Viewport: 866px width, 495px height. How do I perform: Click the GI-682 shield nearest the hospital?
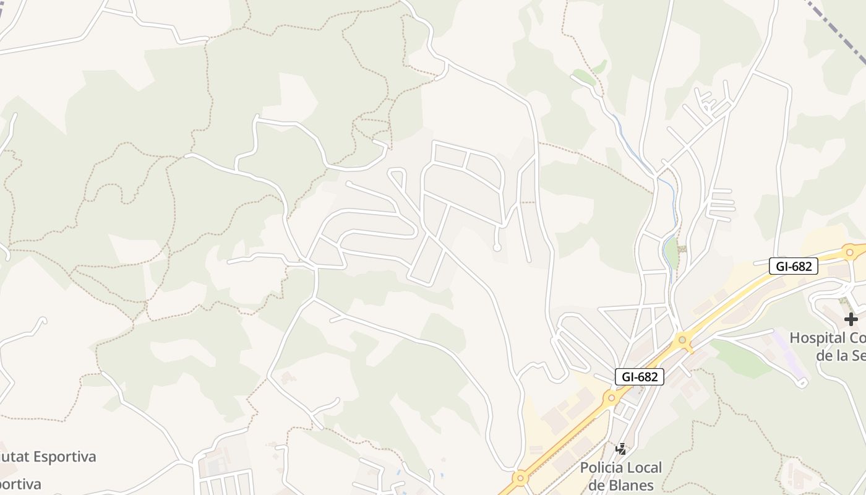pos(794,266)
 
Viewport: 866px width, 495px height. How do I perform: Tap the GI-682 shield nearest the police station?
pos(639,376)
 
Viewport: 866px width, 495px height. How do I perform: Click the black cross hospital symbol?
pos(851,319)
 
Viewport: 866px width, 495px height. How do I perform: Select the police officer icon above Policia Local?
pos(621,449)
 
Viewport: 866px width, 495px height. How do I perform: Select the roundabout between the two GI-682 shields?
pos(682,339)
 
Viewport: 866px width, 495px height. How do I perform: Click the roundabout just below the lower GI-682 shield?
pos(612,397)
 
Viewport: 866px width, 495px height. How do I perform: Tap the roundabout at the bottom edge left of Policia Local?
pos(520,478)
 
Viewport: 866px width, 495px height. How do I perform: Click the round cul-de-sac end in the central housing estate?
pos(497,247)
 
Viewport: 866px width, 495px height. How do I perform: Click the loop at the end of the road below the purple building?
pos(802,384)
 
